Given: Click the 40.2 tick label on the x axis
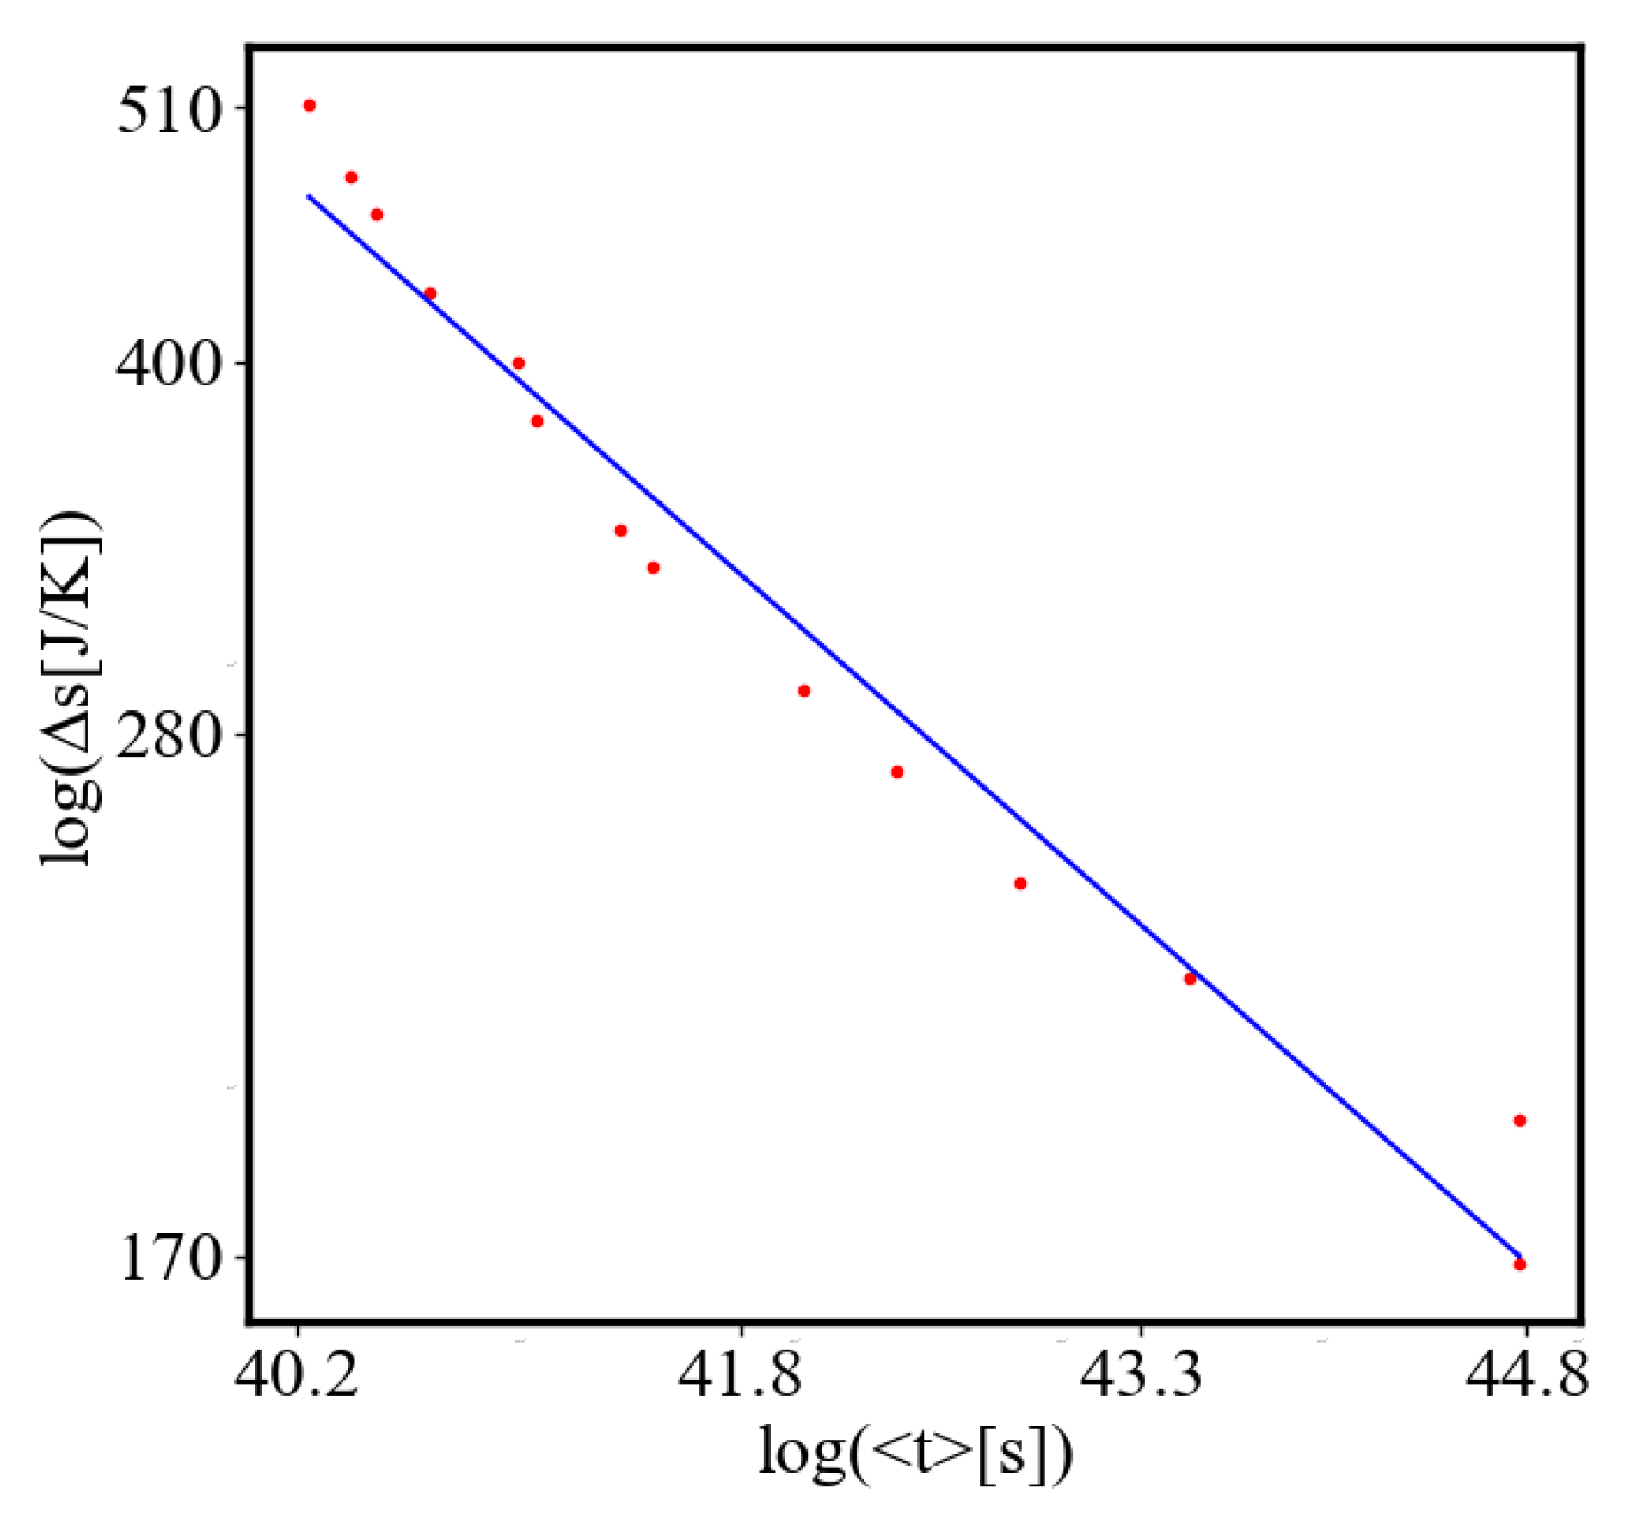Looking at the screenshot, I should coord(296,1374).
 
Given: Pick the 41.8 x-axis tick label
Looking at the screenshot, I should coord(740,1374).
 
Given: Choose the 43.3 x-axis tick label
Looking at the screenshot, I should coord(1141,1374).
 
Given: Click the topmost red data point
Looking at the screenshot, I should coord(310,106).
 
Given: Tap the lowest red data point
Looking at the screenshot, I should coord(1519,1264).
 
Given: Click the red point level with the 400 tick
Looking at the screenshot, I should coord(518,364).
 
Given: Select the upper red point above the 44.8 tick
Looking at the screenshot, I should coord(1519,1121).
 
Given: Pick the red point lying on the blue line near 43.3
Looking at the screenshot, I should coord(1190,979).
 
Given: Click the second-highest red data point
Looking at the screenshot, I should coord(351,178).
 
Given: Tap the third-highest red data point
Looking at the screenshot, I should coord(376,215).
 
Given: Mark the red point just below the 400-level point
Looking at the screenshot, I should coord(537,421).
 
